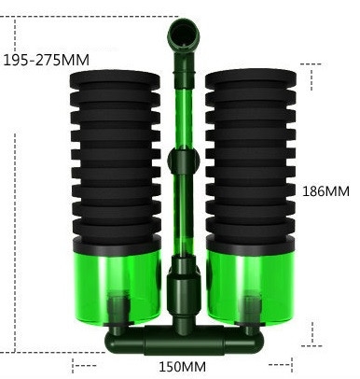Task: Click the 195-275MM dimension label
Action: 47,60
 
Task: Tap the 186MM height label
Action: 326,190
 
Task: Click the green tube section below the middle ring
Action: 181,219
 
